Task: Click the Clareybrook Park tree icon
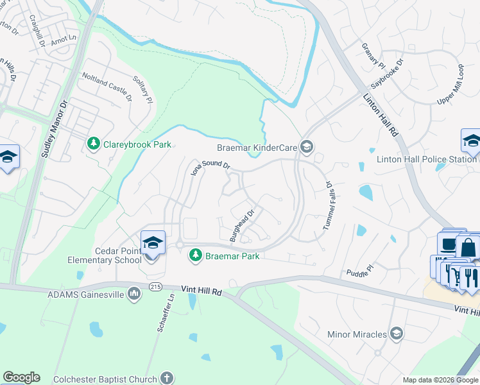click(x=94, y=144)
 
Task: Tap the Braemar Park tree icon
click(x=196, y=256)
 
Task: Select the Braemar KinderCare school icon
click(x=307, y=148)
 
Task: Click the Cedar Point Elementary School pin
click(x=152, y=244)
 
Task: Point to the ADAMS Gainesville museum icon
click(x=134, y=294)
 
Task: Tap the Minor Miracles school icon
click(x=397, y=334)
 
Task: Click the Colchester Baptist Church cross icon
click(x=167, y=379)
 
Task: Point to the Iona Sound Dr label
click(x=210, y=167)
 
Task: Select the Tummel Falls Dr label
click(x=327, y=205)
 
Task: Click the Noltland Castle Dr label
click(x=106, y=87)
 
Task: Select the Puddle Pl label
click(x=361, y=268)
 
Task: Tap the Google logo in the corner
click(x=21, y=377)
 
